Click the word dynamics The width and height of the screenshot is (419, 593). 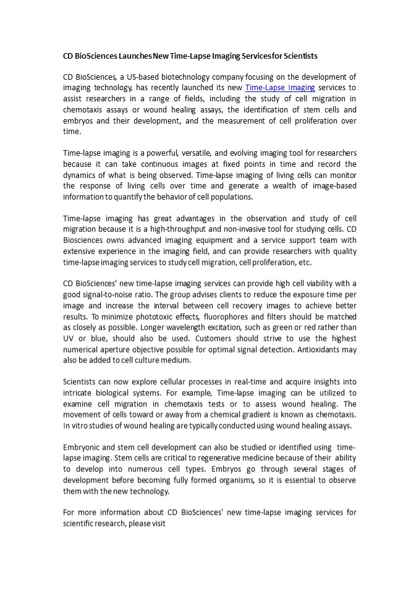(x=80, y=175)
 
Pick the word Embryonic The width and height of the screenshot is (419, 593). (x=84, y=447)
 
